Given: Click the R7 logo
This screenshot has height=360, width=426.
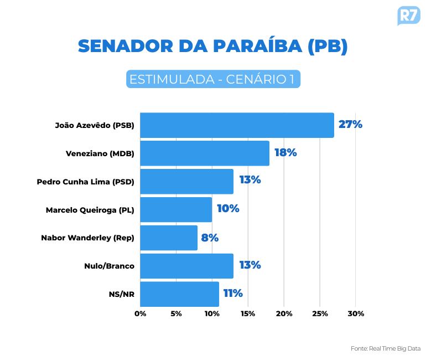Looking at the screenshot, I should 408,15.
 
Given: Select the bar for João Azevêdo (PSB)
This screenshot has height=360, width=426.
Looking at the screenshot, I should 237,125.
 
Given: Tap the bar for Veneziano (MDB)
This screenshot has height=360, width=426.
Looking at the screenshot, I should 205,153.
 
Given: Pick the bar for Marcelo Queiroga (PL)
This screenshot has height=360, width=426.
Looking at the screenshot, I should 176,210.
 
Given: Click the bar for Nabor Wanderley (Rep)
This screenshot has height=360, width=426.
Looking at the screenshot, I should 169,238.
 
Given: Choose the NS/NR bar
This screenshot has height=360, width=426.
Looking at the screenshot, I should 179,294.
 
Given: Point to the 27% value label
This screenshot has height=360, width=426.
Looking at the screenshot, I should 350,125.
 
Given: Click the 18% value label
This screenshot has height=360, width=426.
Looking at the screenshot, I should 285,153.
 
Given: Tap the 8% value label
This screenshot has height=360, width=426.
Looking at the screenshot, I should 210,238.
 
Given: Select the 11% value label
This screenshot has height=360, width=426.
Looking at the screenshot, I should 233,294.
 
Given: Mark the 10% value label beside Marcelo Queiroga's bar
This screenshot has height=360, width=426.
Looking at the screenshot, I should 228,209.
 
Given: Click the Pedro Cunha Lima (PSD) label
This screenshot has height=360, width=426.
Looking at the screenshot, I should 85,182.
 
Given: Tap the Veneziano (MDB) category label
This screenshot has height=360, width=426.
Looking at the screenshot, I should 100,153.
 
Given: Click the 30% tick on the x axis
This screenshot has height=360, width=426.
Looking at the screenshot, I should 356,314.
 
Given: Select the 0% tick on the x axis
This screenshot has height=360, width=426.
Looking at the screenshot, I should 141,314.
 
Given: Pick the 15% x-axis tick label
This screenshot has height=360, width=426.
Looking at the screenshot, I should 248,314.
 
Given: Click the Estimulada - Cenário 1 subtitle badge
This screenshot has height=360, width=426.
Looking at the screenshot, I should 213,79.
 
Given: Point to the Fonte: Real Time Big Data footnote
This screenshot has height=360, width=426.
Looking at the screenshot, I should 386,348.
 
